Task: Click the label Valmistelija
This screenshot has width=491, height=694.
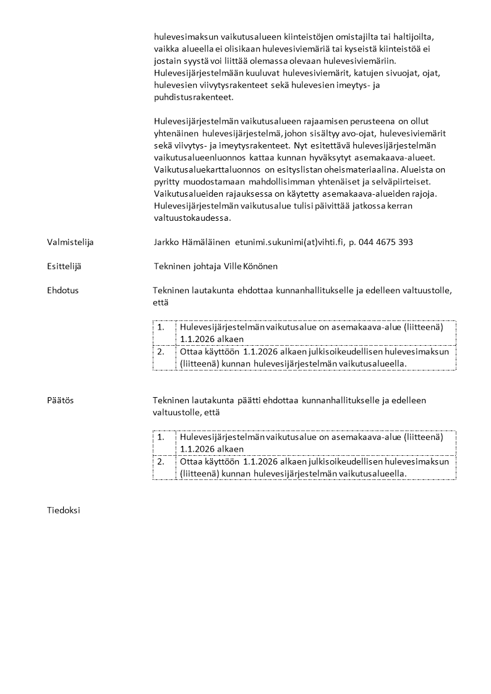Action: pos(70,242)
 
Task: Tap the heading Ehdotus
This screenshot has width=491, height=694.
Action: pos(62,290)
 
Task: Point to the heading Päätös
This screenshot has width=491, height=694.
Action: pos(60,400)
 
